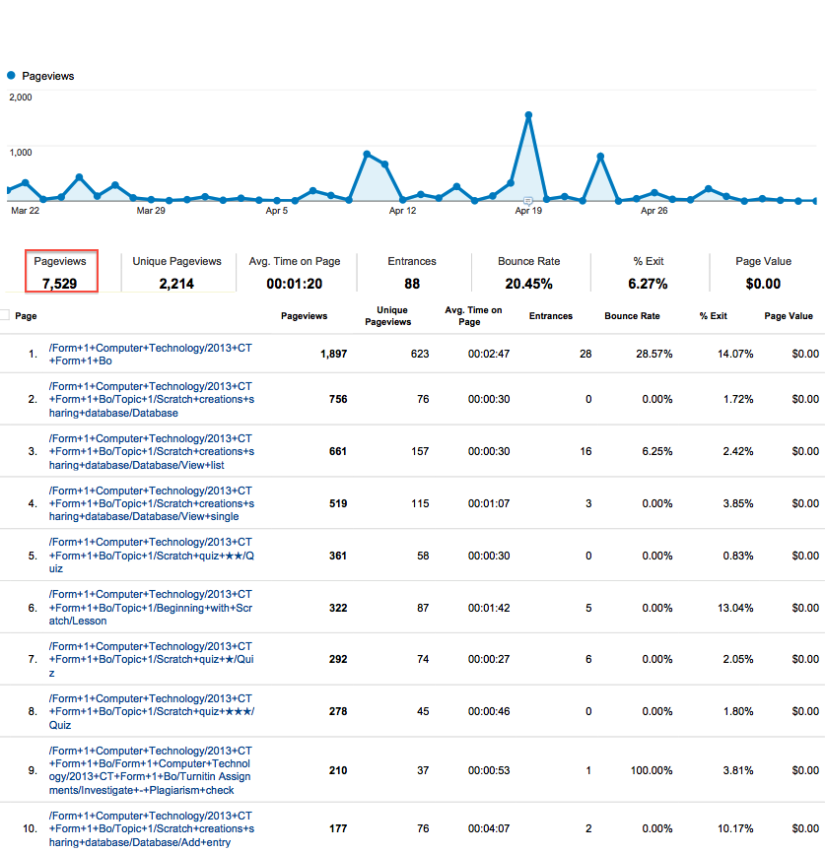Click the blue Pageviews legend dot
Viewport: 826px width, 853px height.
click(x=11, y=76)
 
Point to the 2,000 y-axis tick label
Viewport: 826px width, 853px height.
click(x=21, y=98)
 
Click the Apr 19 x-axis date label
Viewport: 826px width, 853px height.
click(x=528, y=211)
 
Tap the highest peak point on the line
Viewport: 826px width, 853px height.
click(x=528, y=115)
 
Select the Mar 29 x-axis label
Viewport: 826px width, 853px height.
click(x=151, y=211)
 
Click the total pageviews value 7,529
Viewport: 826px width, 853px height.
click(x=60, y=284)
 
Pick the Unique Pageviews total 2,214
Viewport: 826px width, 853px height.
click(x=176, y=284)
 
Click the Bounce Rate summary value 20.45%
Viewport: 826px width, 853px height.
click(x=529, y=284)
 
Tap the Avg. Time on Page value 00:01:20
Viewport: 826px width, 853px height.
click(x=294, y=284)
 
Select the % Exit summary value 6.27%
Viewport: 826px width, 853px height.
click(x=649, y=284)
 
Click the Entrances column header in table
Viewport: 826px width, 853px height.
click(x=550, y=316)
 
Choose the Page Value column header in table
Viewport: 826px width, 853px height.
click(x=789, y=316)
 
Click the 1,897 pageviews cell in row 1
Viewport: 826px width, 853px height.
click(x=333, y=354)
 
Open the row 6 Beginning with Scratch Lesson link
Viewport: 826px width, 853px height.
click(x=151, y=608)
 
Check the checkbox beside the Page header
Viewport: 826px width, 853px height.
click(x=5, y=316)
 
